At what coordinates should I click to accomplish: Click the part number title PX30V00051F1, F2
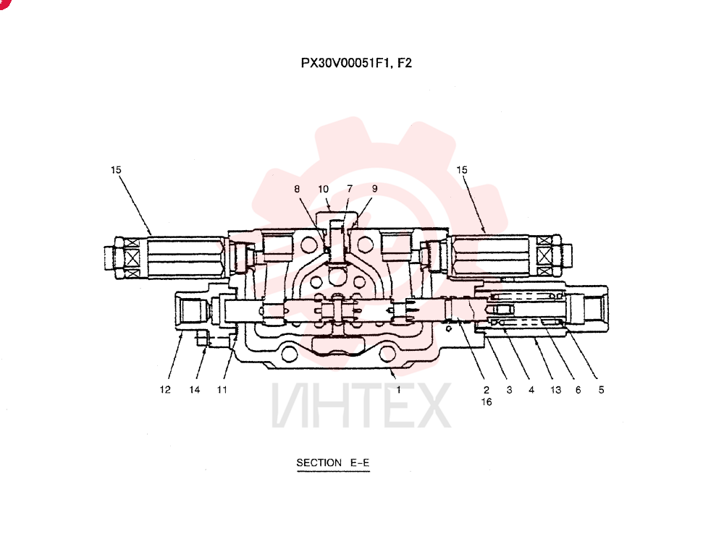click(356, 63)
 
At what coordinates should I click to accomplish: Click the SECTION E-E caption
click(333, 463)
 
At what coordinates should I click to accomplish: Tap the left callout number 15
click(116, 170)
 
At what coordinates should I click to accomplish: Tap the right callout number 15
click(462, 170)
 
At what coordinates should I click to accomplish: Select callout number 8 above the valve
click(297, 189)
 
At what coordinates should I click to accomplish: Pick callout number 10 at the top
click(323, 189)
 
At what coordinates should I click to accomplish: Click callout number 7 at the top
click(350, 189)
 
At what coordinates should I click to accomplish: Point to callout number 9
click(374, 189)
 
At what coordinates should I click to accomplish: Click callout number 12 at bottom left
click(165, 390)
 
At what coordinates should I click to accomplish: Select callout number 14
click(194, 390)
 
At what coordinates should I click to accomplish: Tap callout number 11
click(222, 390)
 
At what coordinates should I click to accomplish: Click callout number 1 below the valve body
click(398, 390)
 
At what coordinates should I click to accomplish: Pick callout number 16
click(487, 402)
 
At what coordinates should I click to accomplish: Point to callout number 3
click(509, 390)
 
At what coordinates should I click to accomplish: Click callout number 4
click(531, 390)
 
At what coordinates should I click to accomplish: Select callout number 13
click(555, 390)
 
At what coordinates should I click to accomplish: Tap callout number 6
click(578, 390)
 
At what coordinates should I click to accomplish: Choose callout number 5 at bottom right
click(601, 390)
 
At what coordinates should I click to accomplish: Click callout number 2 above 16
click(487, 390)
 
